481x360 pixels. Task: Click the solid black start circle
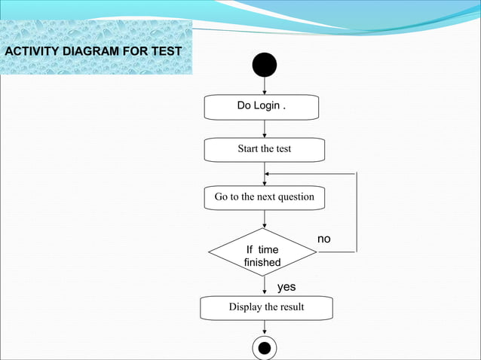[x=264, y=66]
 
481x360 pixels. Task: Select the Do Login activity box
[x=262, y=106]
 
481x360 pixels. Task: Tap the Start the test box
[x=264, y=149]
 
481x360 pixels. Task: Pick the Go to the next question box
[x=264, y=197]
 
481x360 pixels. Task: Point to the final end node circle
[x=264, y=348]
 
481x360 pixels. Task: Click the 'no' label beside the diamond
[x=324, y=239]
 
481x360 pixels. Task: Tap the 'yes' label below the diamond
[x=286, y=287]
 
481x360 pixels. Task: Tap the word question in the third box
[x=295, y=197]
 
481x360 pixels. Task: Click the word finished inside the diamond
[x=262, y=263]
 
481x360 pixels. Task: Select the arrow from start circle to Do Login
[x=264, y=86]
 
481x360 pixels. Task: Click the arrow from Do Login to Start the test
[x=264, y=129]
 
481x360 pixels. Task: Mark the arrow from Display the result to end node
[x=264, y=327]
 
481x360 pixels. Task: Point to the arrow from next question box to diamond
[x=264, y=218]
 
